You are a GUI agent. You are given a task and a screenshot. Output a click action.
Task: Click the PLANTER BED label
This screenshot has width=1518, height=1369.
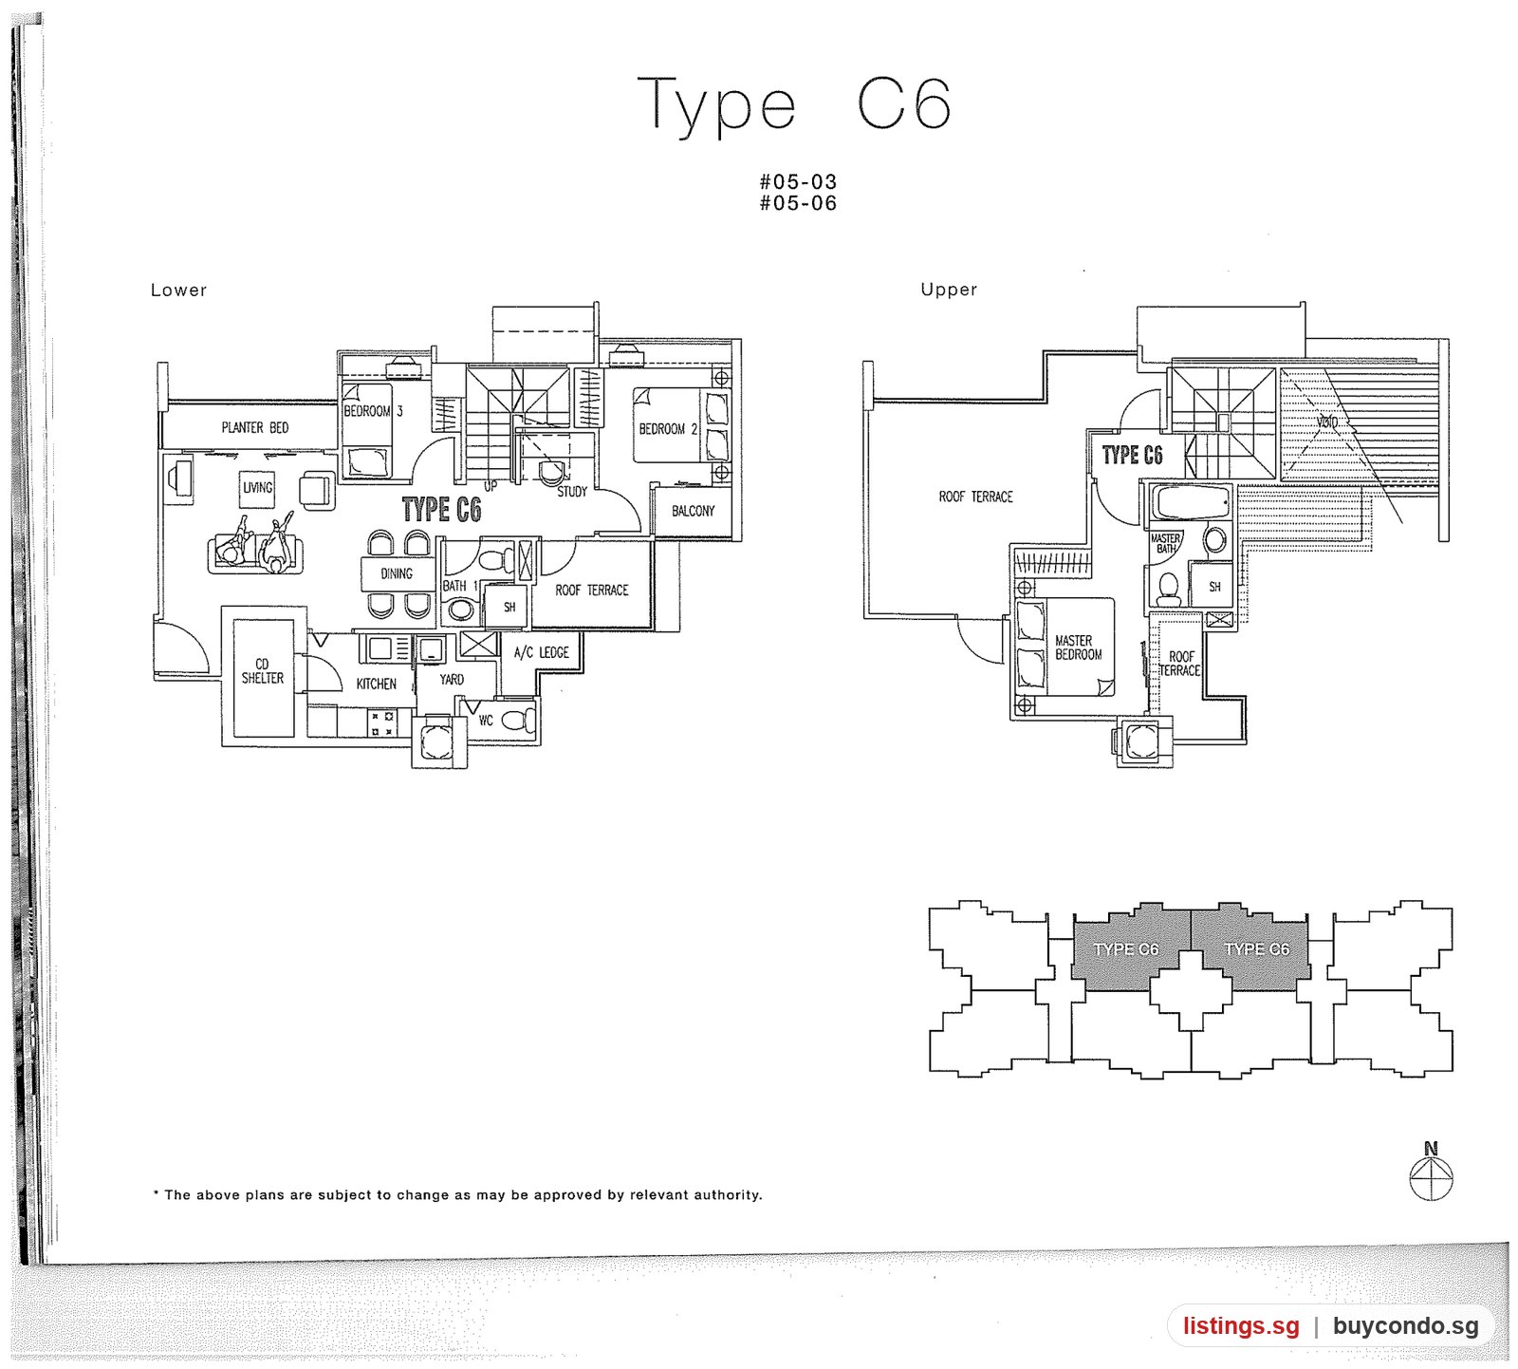tap(255, 427)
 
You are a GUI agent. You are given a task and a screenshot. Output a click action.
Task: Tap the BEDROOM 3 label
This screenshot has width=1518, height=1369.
tap(373, 411)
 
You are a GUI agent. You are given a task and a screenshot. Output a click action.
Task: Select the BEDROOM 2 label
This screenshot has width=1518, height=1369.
tap(668, 429)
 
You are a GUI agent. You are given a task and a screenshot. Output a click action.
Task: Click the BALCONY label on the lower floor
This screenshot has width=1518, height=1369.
tap(693, 511)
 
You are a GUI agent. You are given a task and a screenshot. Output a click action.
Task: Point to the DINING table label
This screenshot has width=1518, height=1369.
tap(397, 573)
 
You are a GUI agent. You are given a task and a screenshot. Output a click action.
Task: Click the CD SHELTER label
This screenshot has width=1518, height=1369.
tap(262, 671)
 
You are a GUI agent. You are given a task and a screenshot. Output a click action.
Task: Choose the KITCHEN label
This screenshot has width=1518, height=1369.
tap(377, 684)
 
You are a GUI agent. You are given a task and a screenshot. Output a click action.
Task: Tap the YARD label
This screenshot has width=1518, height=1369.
tap(452, 680)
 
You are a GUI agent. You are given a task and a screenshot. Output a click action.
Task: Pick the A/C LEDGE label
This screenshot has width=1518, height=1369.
tap(541, 652)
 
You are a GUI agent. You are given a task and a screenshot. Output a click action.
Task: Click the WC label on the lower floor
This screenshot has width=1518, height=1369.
tap(486, 721)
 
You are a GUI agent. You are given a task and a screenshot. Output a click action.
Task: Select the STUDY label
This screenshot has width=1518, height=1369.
tap(572, 492)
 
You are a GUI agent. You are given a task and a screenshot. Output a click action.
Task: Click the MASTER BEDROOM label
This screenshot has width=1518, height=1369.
tap(1079, 647)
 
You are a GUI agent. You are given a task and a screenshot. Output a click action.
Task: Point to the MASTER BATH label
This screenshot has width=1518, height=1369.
tap(1166, 543)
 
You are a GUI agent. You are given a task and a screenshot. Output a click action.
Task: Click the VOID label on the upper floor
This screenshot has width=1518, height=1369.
tap(1326, 422)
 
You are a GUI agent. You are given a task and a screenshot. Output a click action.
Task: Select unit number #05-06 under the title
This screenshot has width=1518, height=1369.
tap(798, 203)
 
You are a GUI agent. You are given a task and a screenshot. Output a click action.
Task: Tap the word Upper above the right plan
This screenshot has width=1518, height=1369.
tap(949, 290)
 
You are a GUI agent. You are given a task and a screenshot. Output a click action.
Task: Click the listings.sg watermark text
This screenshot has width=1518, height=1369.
tap(1241, 1326)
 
